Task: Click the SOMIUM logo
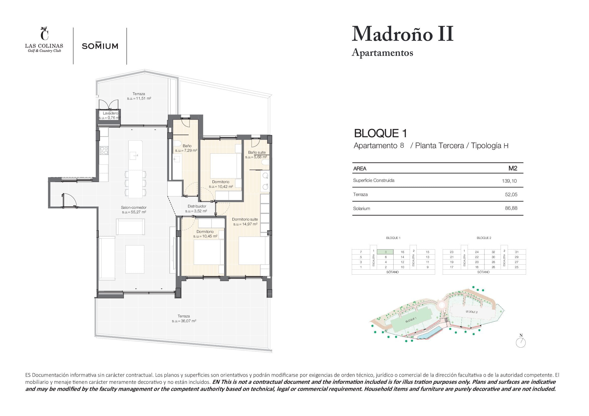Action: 100,46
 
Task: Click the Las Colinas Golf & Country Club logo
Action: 44,40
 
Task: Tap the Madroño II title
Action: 402,34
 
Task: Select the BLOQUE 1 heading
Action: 380,133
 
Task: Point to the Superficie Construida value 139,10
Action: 509,181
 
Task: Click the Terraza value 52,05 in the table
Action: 511,195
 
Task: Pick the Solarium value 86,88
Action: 511,208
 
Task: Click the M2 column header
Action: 513,168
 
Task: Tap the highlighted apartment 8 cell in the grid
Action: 386,252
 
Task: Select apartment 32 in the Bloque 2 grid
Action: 493,252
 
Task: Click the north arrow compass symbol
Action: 521,342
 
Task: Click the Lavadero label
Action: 110,113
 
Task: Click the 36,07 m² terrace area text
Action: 184,321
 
